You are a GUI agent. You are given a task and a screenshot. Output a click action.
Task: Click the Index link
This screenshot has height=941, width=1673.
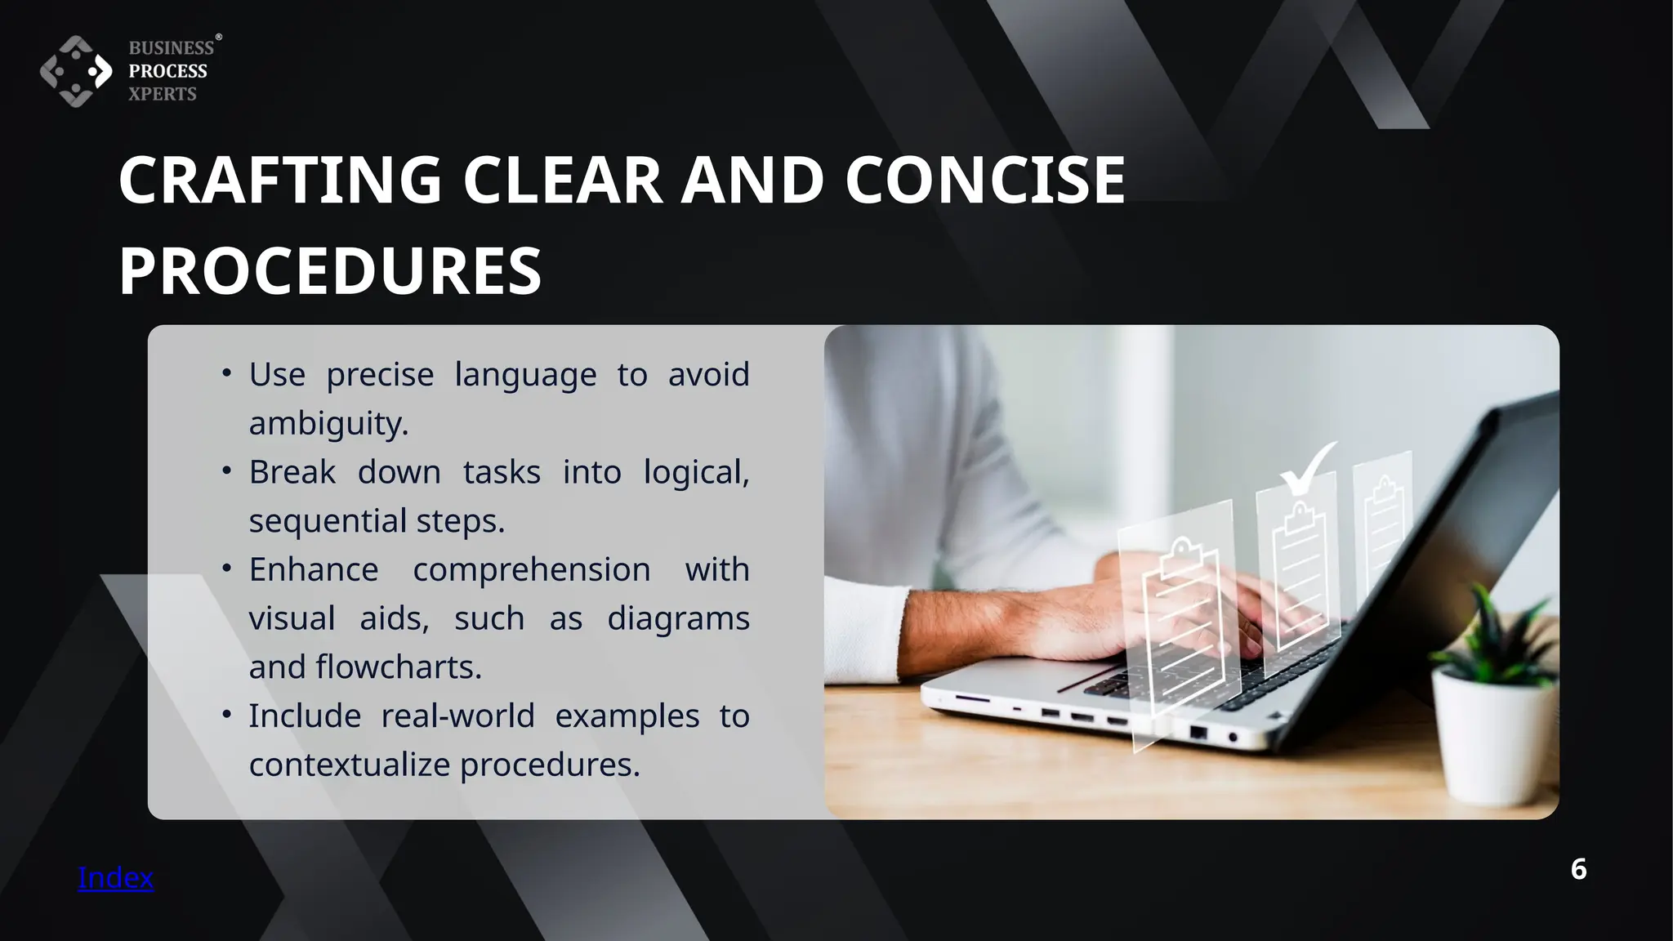point(115,877)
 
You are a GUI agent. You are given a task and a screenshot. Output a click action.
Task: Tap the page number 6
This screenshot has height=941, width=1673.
point(1578,869)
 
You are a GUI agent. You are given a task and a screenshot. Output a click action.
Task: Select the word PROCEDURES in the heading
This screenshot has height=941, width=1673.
point(330,270)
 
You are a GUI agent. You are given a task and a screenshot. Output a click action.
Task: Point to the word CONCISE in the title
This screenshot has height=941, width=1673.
point(984,180)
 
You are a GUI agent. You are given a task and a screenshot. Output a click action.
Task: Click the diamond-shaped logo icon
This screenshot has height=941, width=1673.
point(76,71)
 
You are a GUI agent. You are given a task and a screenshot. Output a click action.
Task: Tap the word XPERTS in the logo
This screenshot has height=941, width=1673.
point(163,94)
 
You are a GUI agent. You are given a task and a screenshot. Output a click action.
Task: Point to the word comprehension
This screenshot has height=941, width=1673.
point(531,569)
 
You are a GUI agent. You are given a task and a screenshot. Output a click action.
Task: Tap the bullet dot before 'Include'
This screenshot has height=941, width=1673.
point(227,715)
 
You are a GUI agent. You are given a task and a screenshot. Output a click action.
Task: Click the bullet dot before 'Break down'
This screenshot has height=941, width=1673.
point(227,471)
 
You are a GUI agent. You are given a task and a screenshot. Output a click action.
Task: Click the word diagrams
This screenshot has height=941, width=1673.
point(678,618)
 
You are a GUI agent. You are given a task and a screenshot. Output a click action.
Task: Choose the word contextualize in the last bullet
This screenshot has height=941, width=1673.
point(349,765)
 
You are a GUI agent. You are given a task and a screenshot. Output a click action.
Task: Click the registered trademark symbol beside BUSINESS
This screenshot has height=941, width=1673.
point(218,38)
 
